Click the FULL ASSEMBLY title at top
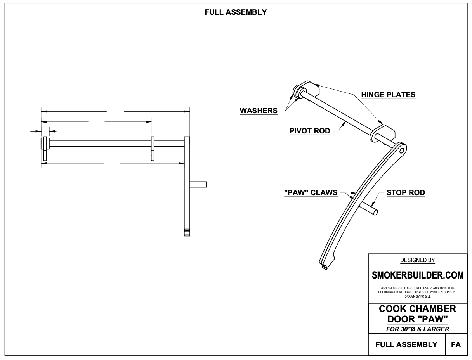[x=236, y=12]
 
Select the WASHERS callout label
[x=259, y=111]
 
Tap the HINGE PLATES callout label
[x=388, y=95]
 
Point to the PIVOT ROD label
[x=310, y=131]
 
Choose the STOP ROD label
[x=406, y=192]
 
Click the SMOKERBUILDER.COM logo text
[x=418, y=275]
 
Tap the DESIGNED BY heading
[x=418, y=260]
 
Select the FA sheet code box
[x=456, y=344]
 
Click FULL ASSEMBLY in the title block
[x=406, y=344]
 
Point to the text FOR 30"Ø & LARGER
[x=418, y=329]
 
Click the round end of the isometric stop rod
[x=375, y=211]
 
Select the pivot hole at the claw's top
[x=402, y=149]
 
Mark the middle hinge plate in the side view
[x=153, y=149]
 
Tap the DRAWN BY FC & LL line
[x=418, y=296]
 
